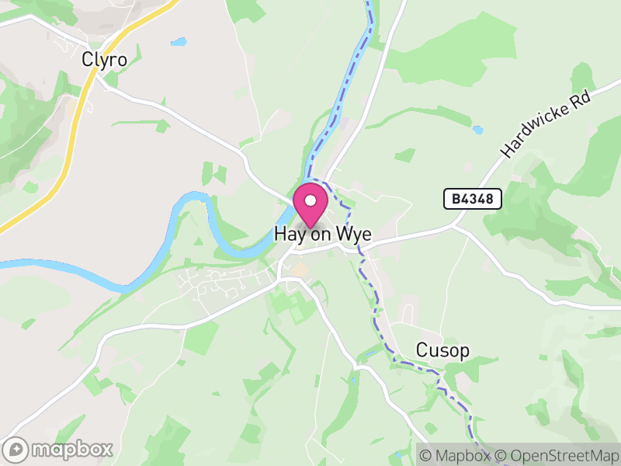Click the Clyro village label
click(x=104, y=59)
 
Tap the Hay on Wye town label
click(x=322, y=235)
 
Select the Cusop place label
click(x=442, y=350)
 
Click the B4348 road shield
click(x=473, y=200)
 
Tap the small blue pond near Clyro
click(x=179, y=41)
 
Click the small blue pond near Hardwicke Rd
click(x=477, y=130)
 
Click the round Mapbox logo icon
click(x=16, y=449)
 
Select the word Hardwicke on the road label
click(x=536, y=133)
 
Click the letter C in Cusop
click(x=422, y=350)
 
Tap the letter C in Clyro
click(x=87, y=59)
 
